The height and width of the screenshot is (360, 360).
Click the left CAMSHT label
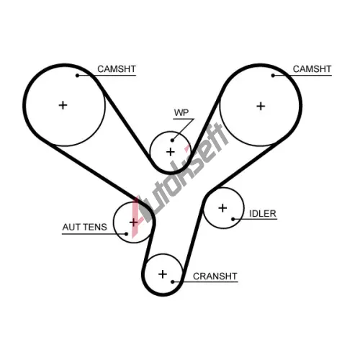pos(117,69)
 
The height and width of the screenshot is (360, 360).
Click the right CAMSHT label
pos(312,69)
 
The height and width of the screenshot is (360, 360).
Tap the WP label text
pos(181,112)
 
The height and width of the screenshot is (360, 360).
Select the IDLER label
pos(263,214)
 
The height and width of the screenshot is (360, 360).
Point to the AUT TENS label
pos(84,227)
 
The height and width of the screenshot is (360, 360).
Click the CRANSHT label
pos(215,276)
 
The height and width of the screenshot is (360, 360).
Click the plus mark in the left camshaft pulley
pos(63,105)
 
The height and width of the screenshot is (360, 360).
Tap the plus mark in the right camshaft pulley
pos(261,106)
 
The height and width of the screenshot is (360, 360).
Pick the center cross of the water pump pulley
pos(171,152)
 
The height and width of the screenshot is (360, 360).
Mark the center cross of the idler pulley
pos(222,208)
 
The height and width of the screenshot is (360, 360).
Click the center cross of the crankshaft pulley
pos(163,274)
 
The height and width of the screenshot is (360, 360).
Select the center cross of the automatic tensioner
pos(133,222)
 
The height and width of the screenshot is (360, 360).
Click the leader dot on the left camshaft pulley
pos(77,76)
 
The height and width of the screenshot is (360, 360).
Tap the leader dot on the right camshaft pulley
pos(273,76)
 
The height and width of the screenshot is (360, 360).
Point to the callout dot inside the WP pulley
pos(172,140)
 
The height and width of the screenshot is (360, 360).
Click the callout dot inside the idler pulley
pos(233,219)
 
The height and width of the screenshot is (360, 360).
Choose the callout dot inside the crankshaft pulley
pos(173,282)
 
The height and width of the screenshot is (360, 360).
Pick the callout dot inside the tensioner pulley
pos(126,233)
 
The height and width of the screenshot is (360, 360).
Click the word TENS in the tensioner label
pos(95,227)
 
